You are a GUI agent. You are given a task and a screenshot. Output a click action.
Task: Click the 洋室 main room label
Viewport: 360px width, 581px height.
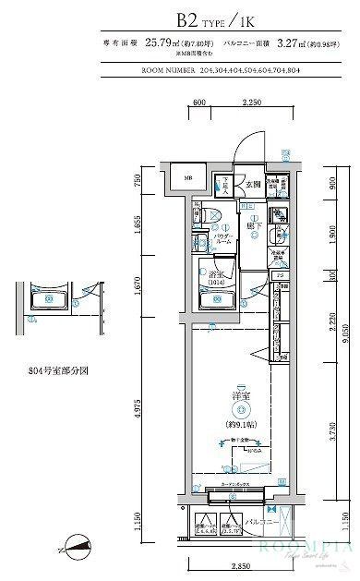point(240,398)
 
